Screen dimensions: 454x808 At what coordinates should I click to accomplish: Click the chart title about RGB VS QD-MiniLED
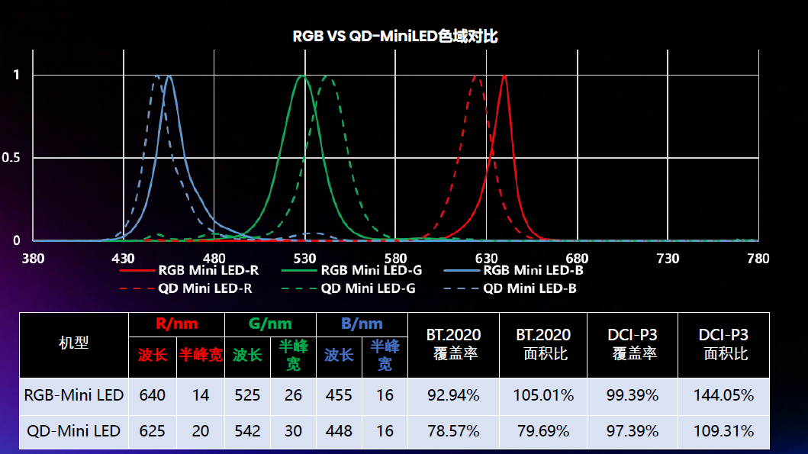pos(395,37)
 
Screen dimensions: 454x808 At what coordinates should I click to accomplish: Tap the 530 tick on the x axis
pos(305,259)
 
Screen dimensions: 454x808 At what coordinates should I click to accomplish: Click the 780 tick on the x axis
pos(758,259)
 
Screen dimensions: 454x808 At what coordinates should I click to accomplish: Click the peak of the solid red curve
pos(504,75)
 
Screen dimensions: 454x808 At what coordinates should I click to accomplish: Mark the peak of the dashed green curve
pos(327,76)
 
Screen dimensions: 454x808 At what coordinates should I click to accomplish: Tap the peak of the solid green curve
pos(303,76)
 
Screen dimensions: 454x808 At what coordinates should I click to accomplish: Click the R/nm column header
pos(176,324)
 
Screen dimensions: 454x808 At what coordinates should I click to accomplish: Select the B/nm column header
pos(362,324)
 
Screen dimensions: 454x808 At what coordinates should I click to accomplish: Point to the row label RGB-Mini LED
pos(74,395)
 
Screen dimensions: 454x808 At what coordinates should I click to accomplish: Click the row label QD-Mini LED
pos(74,431)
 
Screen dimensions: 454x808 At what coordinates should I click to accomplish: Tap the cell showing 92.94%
pos(453,395)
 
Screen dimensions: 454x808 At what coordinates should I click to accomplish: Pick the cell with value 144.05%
pos(723,395)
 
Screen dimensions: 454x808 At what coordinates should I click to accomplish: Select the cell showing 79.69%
pos(543,431)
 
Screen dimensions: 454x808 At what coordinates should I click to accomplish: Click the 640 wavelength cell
pos(153,395)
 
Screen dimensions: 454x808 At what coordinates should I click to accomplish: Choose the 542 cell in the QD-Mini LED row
pos(247,431)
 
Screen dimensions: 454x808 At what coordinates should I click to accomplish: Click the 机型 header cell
pos(74,343)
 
